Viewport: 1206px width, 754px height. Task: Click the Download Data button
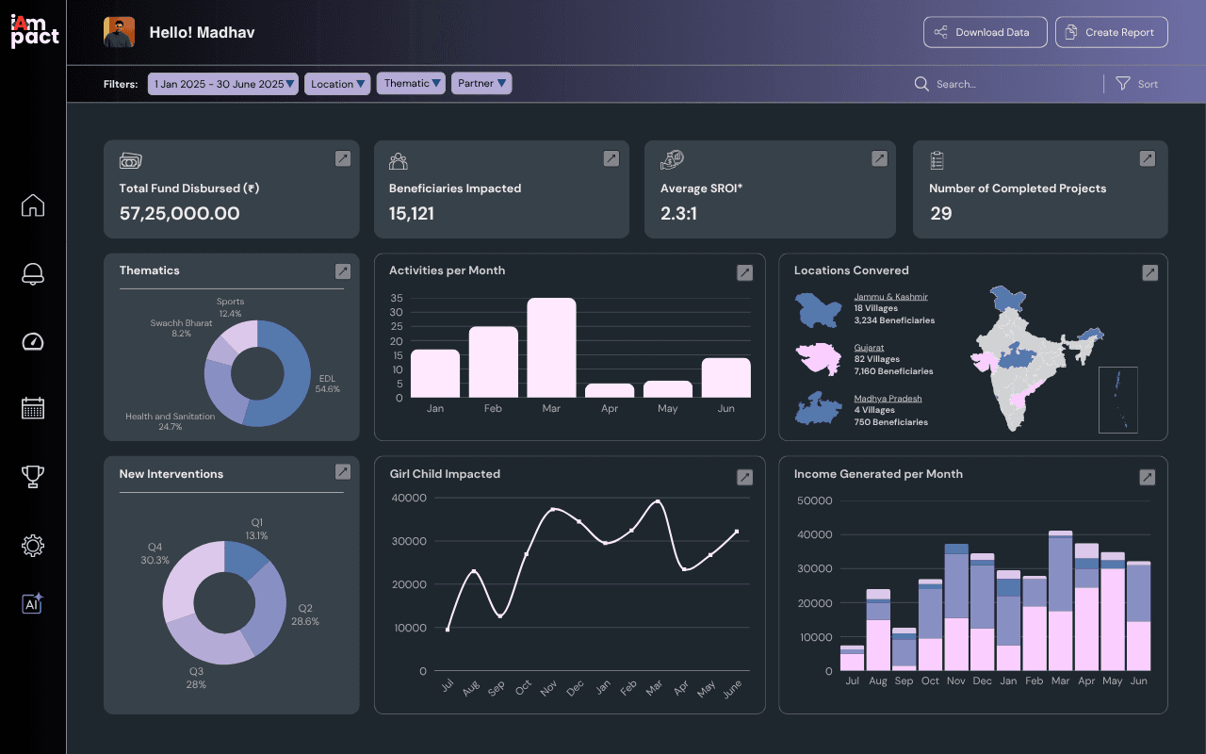click(985, 32)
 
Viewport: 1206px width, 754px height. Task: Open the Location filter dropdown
click(337, 84)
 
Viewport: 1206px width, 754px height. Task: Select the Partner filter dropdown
click(481, 84)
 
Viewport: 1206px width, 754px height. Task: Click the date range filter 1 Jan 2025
click(223, 84)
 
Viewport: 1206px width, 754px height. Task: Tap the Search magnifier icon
click(921, 84)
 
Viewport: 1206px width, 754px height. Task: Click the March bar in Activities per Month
click(551, 348)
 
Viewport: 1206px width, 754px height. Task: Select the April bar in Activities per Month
click(610, 390)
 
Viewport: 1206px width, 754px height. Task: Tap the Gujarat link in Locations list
click(869, 348)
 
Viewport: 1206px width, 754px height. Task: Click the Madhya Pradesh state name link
click(888, 399)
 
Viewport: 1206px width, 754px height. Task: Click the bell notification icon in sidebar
click(33, 273)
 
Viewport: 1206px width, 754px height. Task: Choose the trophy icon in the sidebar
click(33, 477)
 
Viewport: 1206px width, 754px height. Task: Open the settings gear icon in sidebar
click(33, 546)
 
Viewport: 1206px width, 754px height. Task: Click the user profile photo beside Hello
click(119, 32)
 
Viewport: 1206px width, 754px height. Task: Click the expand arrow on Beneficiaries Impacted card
click(611, 158)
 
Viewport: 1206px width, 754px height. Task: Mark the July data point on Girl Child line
click(448, 629)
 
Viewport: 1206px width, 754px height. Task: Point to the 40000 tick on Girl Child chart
click(409, 499)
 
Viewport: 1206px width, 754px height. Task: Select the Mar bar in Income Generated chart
click(1060, 600)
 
